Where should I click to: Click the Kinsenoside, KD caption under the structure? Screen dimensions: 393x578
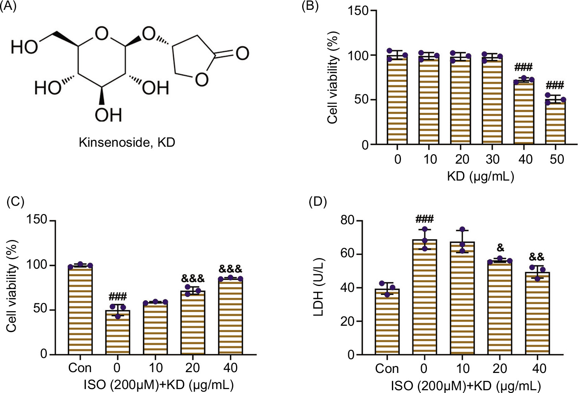[127, 142]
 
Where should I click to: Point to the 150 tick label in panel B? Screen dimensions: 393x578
[358, 11]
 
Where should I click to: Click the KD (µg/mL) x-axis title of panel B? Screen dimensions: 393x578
[480, 176]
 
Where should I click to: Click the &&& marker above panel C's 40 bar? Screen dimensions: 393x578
[231, 269]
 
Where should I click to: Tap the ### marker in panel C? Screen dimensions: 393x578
[118, 296]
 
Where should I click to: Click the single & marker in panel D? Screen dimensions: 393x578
[500, 247]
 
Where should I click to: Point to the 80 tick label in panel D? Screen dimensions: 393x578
[348, 221]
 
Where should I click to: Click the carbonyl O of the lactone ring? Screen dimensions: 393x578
[242, 53]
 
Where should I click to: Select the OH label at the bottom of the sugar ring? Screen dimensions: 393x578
[108, 115]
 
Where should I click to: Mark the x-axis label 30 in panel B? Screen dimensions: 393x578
[492, 159]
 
